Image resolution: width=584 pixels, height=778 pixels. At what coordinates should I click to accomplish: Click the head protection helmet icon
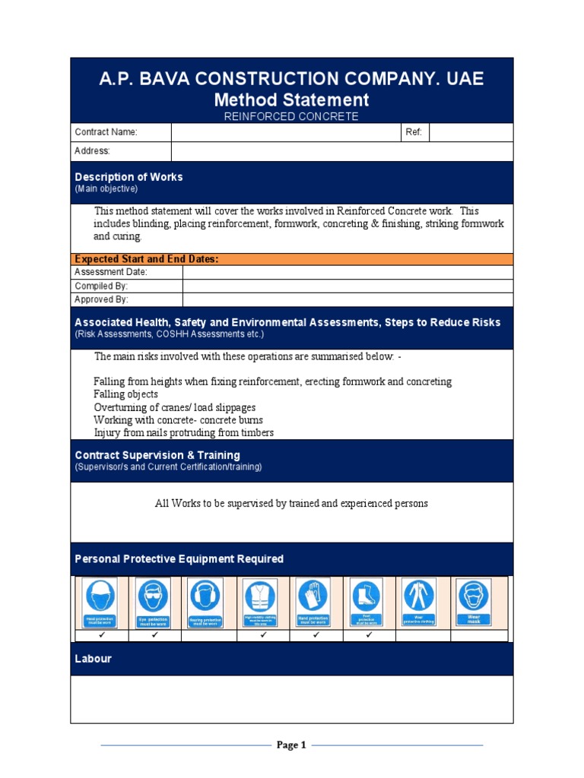tap(100, 602)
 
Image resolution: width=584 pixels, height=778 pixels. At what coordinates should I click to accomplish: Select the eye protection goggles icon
tap(152, 602)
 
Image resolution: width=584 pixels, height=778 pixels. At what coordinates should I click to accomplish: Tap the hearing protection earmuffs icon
tap(205, 602)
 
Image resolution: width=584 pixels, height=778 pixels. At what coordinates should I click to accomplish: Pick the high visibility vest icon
tap(260, 602)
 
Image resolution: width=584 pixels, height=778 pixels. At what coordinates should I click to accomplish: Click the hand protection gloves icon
tap(313, 602)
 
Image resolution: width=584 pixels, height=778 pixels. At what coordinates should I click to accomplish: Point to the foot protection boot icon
tap(367, 602)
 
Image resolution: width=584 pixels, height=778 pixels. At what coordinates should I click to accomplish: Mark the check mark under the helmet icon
tap(100, 634)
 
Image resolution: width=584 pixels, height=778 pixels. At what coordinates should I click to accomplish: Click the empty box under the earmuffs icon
tap(209, 635)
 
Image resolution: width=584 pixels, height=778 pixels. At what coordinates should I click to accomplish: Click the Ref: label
tap(414, 132)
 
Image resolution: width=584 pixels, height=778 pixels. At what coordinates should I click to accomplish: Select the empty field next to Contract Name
tap(286, 132)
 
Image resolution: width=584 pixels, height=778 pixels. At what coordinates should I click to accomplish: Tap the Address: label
tap(92, 151)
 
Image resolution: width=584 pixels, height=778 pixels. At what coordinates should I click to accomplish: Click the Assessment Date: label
tap(111, 272)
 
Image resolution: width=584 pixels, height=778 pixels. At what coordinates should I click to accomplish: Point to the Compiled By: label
tap(101, 286)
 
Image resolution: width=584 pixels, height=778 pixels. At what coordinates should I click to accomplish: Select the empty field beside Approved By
tap(348, 300)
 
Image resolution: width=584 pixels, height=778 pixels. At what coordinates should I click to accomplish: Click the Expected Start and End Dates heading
tap(147, 259)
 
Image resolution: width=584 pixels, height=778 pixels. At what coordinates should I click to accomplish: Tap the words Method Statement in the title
tap(291, 100)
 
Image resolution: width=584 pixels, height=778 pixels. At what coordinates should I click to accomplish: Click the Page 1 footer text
tap(291, 745)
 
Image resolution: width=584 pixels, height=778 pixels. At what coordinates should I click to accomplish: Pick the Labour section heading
tap(93, 659)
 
